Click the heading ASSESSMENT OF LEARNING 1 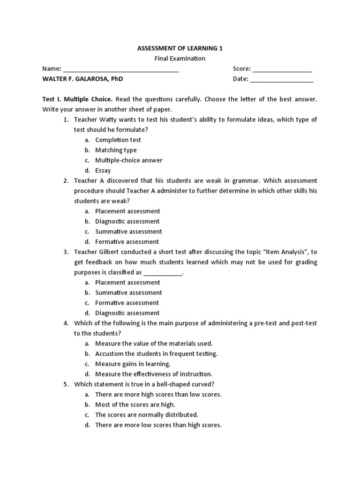point(180,48)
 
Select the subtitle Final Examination point(180,59)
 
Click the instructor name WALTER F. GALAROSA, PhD point(82,79)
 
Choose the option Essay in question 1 point(103,171)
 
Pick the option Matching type point(116,150)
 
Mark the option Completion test point(118,140)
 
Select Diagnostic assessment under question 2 point(127,221)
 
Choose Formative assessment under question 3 point(127,303)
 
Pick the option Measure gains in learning point(133,364)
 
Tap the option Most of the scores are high point(135,405)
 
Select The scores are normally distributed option point(147,415)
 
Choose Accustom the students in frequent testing point(156,353)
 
